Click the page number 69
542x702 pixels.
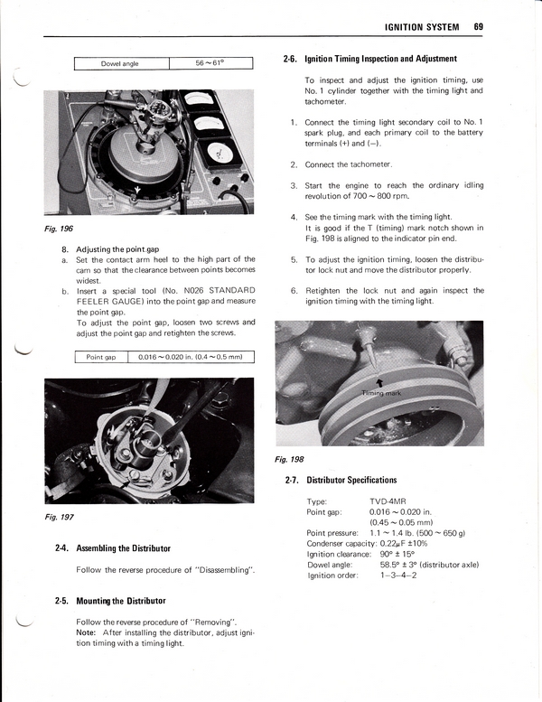(x=478, y=27)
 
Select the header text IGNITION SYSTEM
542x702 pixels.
(x=422, y=27)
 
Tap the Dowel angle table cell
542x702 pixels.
(x=121, y=63)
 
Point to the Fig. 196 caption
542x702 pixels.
(x=58, y=228)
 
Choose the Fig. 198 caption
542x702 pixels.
(x=289, y=459)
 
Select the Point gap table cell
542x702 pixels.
(x=101, y=357)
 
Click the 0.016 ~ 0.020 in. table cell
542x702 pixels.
(x=191, y=357)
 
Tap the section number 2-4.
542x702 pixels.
(x=63, y=548)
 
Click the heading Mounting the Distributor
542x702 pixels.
(x=121, y=601)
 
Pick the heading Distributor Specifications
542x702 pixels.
(x=351, y=480)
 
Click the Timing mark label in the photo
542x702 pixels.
(x=380, y=394)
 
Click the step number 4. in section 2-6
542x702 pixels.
(x=294, y=217)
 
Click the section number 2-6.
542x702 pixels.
(x=290, y=59)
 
